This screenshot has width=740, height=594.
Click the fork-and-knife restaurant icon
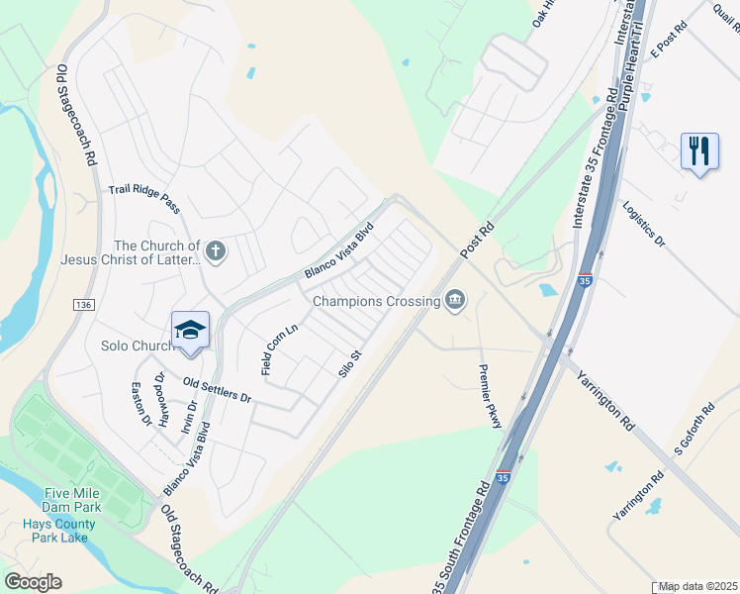coord(699,151)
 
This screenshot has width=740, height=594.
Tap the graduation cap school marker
coord(190,331)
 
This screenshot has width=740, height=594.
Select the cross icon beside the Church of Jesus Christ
coord(217,252)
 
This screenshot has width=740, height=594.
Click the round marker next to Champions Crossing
coord(455,300)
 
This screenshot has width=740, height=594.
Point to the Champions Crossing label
coord(376,301)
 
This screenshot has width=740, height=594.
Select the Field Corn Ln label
coord(280,348)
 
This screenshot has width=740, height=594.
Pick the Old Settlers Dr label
coord(218,389)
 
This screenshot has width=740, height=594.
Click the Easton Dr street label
coord(141,405)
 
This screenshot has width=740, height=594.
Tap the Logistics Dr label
coord(645,224)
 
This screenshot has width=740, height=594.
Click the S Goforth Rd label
coord(694,428)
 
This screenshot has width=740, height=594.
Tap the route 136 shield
coord(82,304)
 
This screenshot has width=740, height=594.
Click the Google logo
coord(33,582)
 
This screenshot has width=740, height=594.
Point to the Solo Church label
coord(138,346)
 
